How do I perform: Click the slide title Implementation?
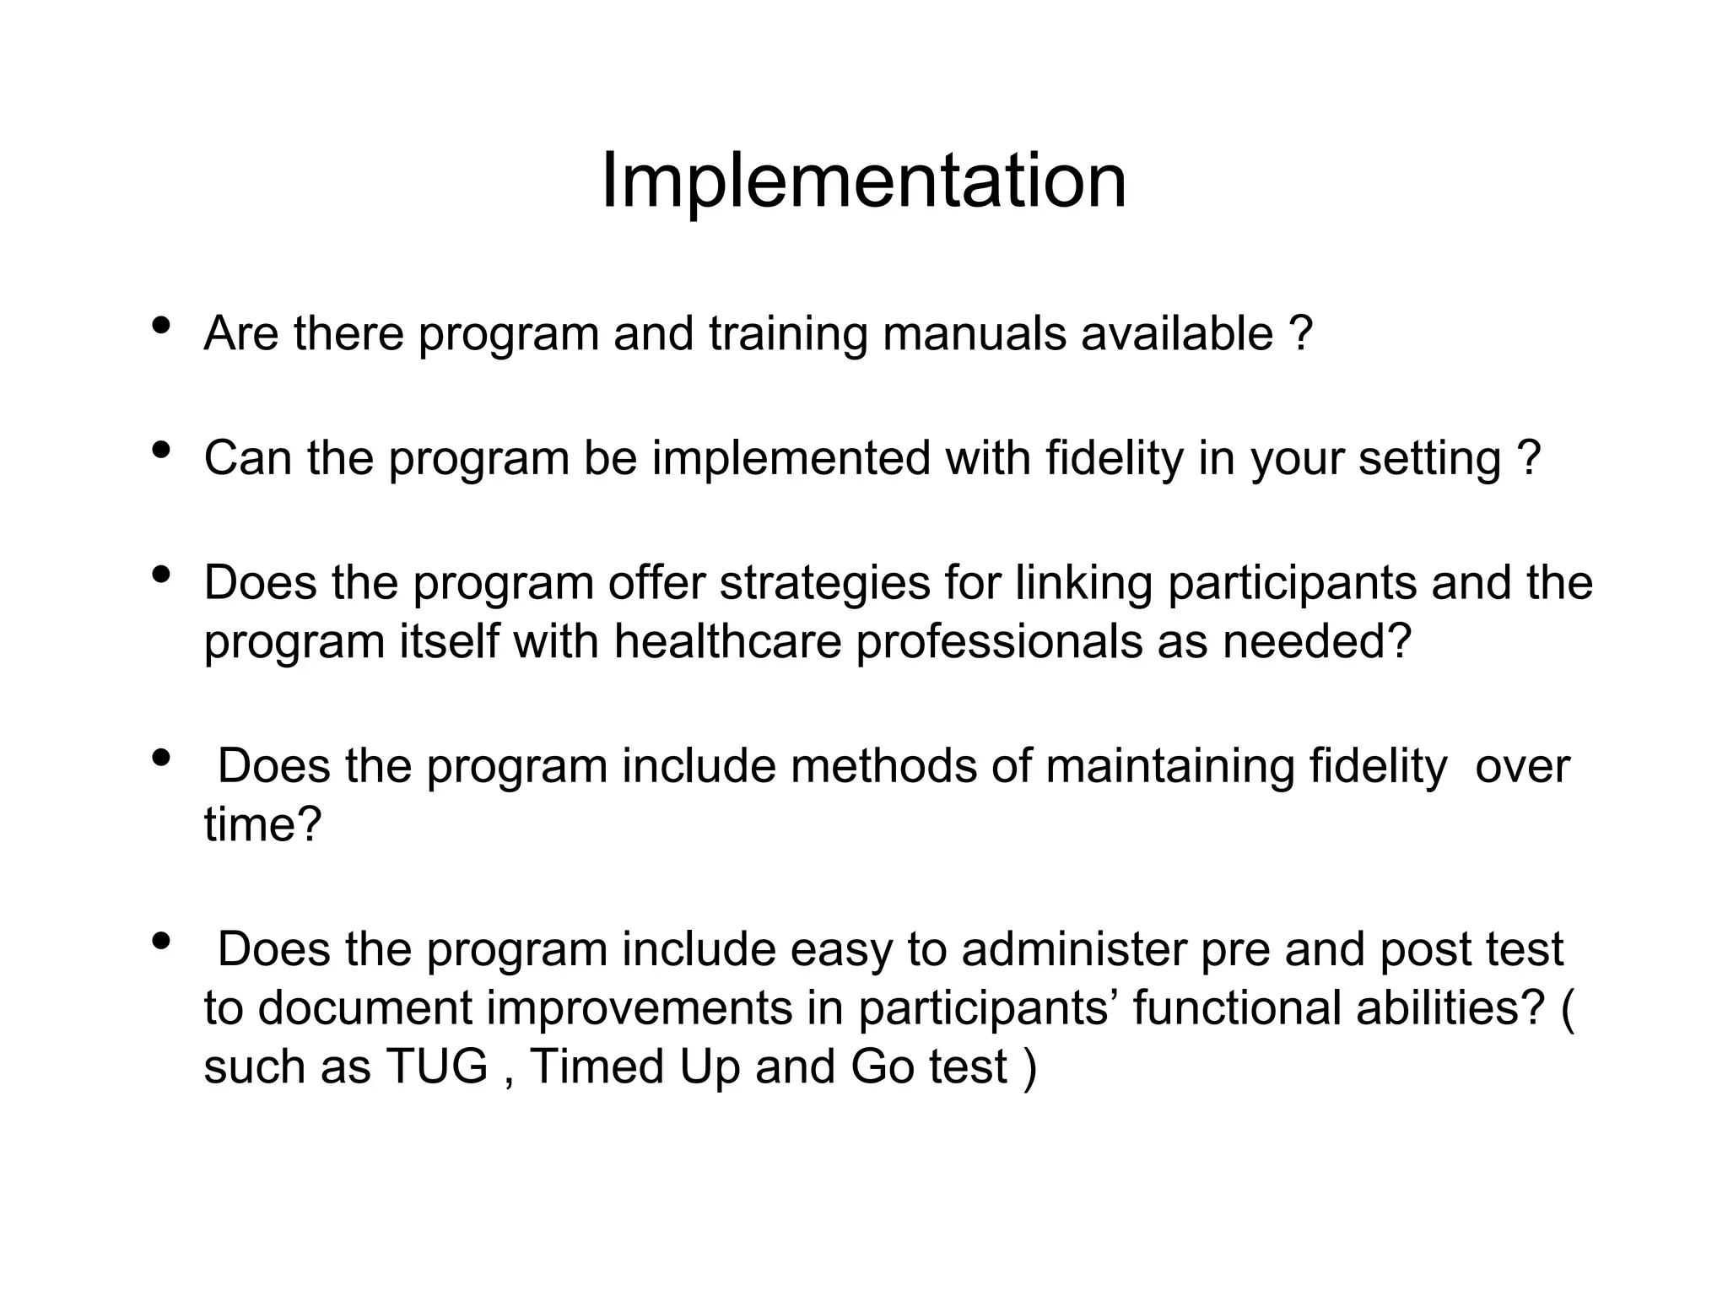tap(863, 181)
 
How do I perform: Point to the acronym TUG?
tap(437, 1066)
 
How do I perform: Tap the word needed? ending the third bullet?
tap(1317, 641)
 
